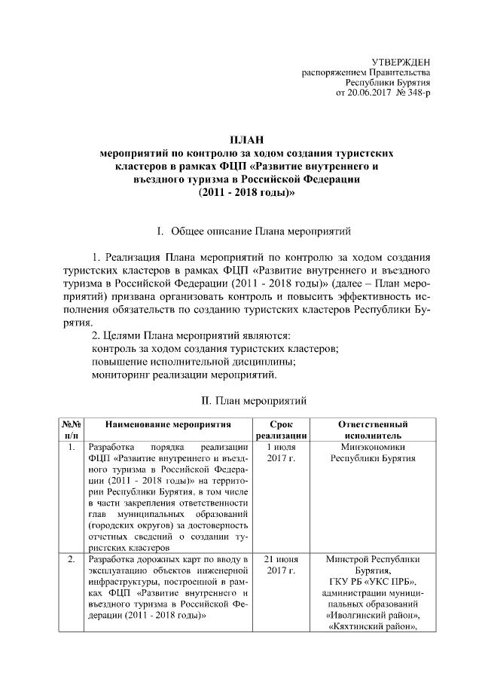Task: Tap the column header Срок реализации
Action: click(281, 430)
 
